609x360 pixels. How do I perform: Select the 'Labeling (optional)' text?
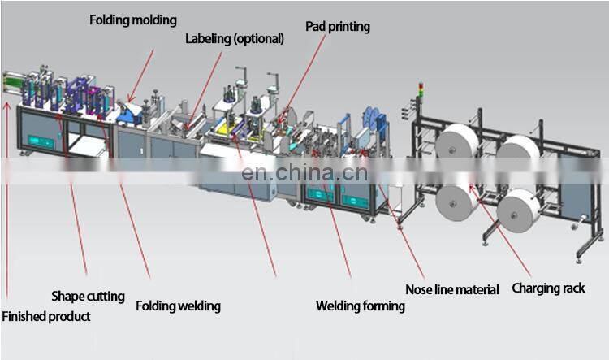pos(235,38)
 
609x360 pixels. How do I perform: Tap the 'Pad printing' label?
pos(337,27)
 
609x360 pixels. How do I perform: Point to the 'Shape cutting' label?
pos(88,296)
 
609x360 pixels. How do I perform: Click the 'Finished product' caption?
pos(45,316)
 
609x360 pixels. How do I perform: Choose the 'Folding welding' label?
pos(178,306)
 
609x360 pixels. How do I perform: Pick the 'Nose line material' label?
pos(452,289)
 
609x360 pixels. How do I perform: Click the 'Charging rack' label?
pos(547,288)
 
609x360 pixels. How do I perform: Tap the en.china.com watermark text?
pos(299,172)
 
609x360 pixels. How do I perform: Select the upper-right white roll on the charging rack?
pos(519,153)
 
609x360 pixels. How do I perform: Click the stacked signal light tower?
pos(418,95)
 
